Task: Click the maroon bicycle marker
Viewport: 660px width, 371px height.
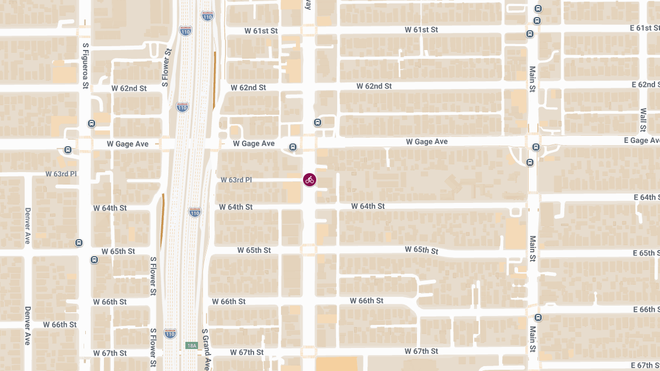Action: (x=310, y=180)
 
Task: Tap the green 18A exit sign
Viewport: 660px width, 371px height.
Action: (x=191, y=346)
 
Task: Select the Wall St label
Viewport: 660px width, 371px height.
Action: (x=643, y=120)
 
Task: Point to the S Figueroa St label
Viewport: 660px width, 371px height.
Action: (x=85, y=66)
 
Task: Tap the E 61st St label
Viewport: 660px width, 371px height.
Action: (x=644, y=28)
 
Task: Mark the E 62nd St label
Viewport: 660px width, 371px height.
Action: (x=646, y=85)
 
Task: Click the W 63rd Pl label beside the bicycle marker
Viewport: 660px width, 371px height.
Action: (x=236, y=180)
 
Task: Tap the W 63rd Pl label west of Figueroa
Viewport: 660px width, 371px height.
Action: (x=61, y=174)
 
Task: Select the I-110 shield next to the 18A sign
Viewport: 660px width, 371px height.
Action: (x=170, y=334)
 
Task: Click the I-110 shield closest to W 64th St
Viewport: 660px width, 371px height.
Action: (x=195, y=212)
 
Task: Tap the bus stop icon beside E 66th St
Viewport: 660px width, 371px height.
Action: (x=538, y=318)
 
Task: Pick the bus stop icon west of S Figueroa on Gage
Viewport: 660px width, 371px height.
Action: (x=68, y=149)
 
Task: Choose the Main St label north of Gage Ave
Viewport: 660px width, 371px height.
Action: (x=532, y=79)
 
